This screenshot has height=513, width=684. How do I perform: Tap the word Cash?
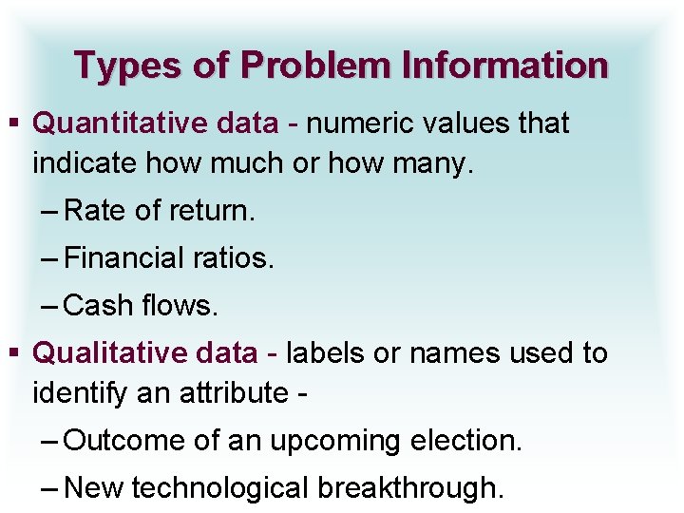coord(98,306)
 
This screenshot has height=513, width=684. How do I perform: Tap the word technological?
coord(221,488)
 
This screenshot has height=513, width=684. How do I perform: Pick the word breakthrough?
coord(411,488)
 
